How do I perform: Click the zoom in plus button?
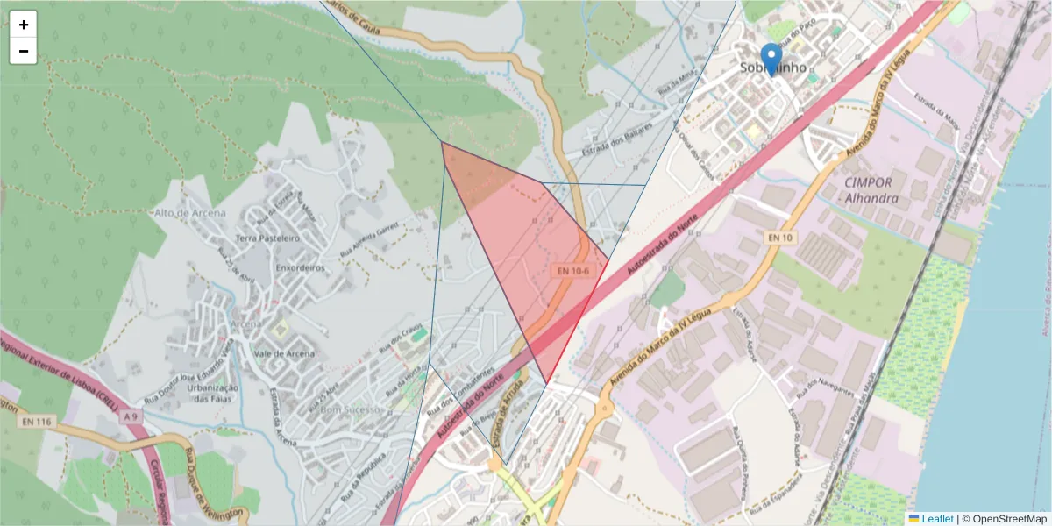coord(24,25)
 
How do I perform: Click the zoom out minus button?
coord(24,51)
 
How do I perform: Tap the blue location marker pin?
coord(771,59)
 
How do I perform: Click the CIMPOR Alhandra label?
coord(869,190)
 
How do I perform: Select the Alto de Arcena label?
coord(189,213)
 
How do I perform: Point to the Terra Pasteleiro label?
coord(268,238)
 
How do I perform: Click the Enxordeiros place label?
coord(300,267)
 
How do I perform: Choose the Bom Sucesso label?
coord(352,409)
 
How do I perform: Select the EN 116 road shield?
coord(34,422)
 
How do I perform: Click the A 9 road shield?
coord(131,417)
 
